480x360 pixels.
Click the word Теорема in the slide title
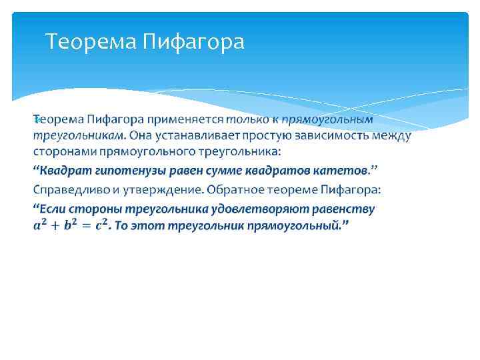pyautogui.click(x=91, y=43)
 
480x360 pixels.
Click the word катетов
pyautogui.click(x=332, y=171)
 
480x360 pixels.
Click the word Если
pyautogui.click(x=51, y=209)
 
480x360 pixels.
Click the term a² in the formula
pyautogui.click(x=41, y=225)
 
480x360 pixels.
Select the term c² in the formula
pyautogui.click(x=101, y=225)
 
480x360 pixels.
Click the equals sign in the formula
pyautogui.click(x=85, y=226)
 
